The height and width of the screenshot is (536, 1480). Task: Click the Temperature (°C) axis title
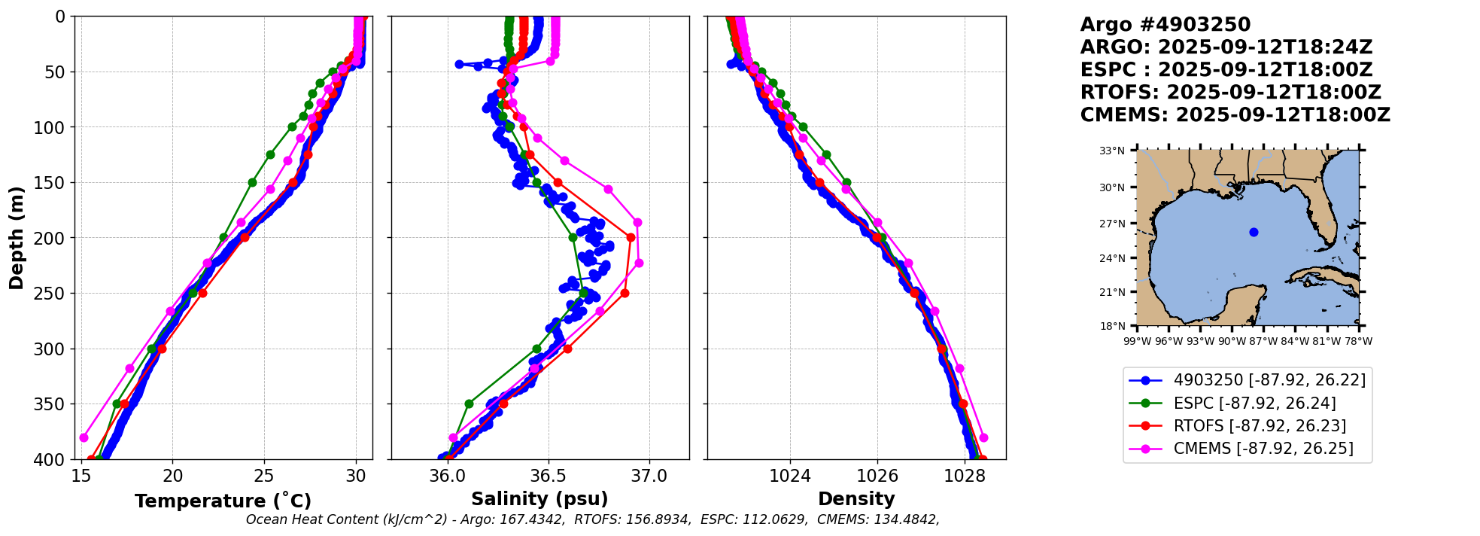coord(223,501)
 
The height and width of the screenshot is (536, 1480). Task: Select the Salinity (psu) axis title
coord(539,498)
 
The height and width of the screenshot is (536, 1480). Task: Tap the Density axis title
coord(856,498)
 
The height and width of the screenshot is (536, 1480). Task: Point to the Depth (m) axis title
coord(17,238)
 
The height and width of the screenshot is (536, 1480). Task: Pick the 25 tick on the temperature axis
coord(264,476)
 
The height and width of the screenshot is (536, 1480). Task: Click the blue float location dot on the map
coord(1254,232)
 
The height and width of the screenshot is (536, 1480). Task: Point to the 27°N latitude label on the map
coord(1112,224)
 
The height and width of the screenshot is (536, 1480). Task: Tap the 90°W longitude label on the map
coord(1232,341)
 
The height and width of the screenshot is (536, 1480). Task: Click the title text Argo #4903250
coord(1165,25)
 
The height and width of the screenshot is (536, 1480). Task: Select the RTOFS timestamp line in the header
coord(1230,93)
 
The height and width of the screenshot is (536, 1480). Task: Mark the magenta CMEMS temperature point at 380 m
coord(84,437)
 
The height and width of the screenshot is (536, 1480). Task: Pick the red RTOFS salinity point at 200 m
coord(631,237)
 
